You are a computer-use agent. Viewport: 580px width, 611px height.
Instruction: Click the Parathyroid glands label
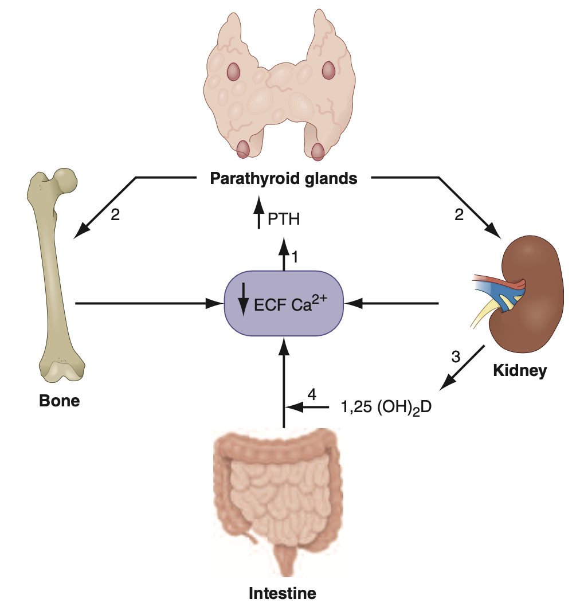284,179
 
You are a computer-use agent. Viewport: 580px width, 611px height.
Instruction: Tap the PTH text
283,220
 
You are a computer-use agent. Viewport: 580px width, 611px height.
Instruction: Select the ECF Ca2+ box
284,303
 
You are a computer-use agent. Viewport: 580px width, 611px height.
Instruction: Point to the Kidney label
520,371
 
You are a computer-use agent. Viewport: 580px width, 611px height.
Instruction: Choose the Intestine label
283,593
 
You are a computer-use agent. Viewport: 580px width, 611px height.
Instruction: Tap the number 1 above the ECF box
295,257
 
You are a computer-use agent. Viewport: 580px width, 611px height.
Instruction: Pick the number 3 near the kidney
456,357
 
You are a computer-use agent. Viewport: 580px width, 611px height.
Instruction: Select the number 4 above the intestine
312,394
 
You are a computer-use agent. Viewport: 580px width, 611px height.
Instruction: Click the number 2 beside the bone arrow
115,216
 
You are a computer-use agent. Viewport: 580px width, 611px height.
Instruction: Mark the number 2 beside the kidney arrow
458,216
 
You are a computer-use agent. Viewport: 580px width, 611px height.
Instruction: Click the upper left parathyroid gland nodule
233,72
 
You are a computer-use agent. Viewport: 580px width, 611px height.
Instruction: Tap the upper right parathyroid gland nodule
328,70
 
